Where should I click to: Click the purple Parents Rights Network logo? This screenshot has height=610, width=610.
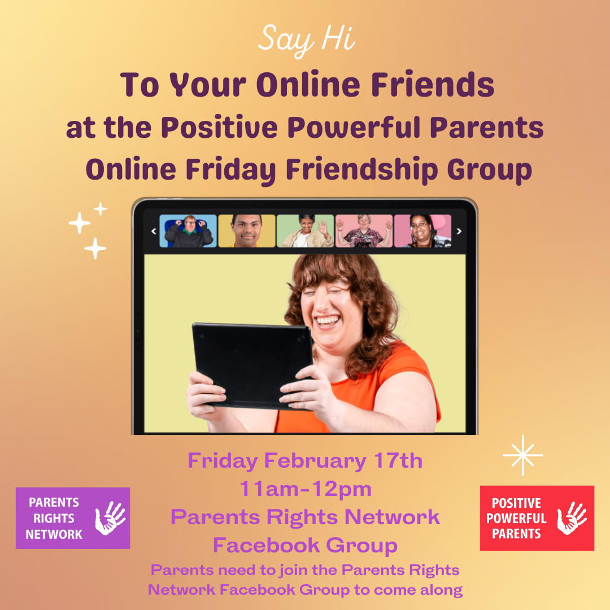[x=73, y=518]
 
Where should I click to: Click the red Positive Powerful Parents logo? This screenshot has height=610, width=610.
[x=537, y=518]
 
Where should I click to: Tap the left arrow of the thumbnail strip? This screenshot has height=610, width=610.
[x=154, y=230]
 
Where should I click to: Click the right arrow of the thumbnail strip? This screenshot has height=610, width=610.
[x=459, y=230]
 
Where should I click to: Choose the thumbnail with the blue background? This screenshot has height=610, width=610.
[x=188, y=231]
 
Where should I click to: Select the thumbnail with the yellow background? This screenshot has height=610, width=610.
[x=247, y=231]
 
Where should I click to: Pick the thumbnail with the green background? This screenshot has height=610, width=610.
[x=306, y=231]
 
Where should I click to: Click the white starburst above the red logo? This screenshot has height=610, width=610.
[x=522, y=455]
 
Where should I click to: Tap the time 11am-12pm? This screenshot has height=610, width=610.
[x=306, y=489]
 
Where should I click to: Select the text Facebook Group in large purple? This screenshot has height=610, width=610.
[x=306, y=546]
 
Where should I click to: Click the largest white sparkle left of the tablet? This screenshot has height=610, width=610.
[x=80, y=224]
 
